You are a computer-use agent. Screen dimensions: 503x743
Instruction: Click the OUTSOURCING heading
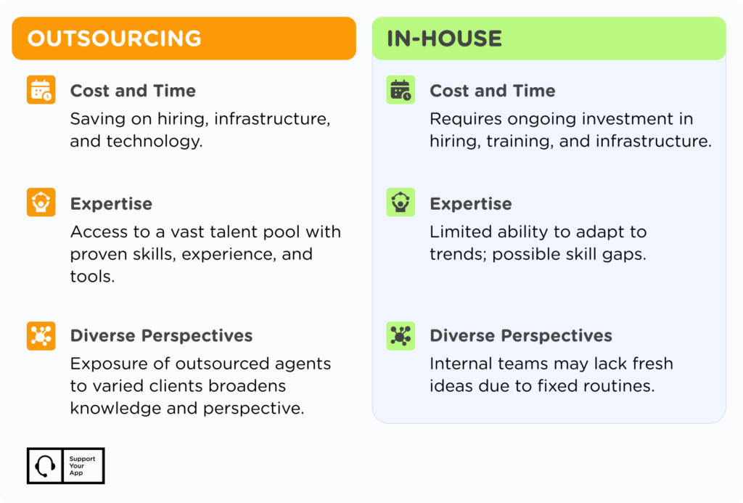[115, 38]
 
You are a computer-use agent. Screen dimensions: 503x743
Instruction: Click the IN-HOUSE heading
[444, 38]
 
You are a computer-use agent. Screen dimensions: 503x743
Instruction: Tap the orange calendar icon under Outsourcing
[41, 90]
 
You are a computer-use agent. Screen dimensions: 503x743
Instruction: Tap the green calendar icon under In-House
[401, 90]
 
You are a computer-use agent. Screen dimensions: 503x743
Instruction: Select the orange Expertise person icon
[41, 203]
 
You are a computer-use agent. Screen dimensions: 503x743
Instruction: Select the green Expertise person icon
[401, 203]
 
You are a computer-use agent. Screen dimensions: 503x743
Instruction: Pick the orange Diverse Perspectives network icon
[41, 336]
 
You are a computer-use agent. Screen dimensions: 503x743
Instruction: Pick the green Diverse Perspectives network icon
[401, 336]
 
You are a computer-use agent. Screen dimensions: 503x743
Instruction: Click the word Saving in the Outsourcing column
[94, 118]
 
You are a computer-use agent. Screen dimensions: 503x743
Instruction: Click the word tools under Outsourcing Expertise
[92, 277]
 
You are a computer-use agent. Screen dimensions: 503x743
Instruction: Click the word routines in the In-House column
[623, 385]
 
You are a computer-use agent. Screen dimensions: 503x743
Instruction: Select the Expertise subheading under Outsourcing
[111, 204]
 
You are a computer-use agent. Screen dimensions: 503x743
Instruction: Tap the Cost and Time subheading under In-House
[492, 91]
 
